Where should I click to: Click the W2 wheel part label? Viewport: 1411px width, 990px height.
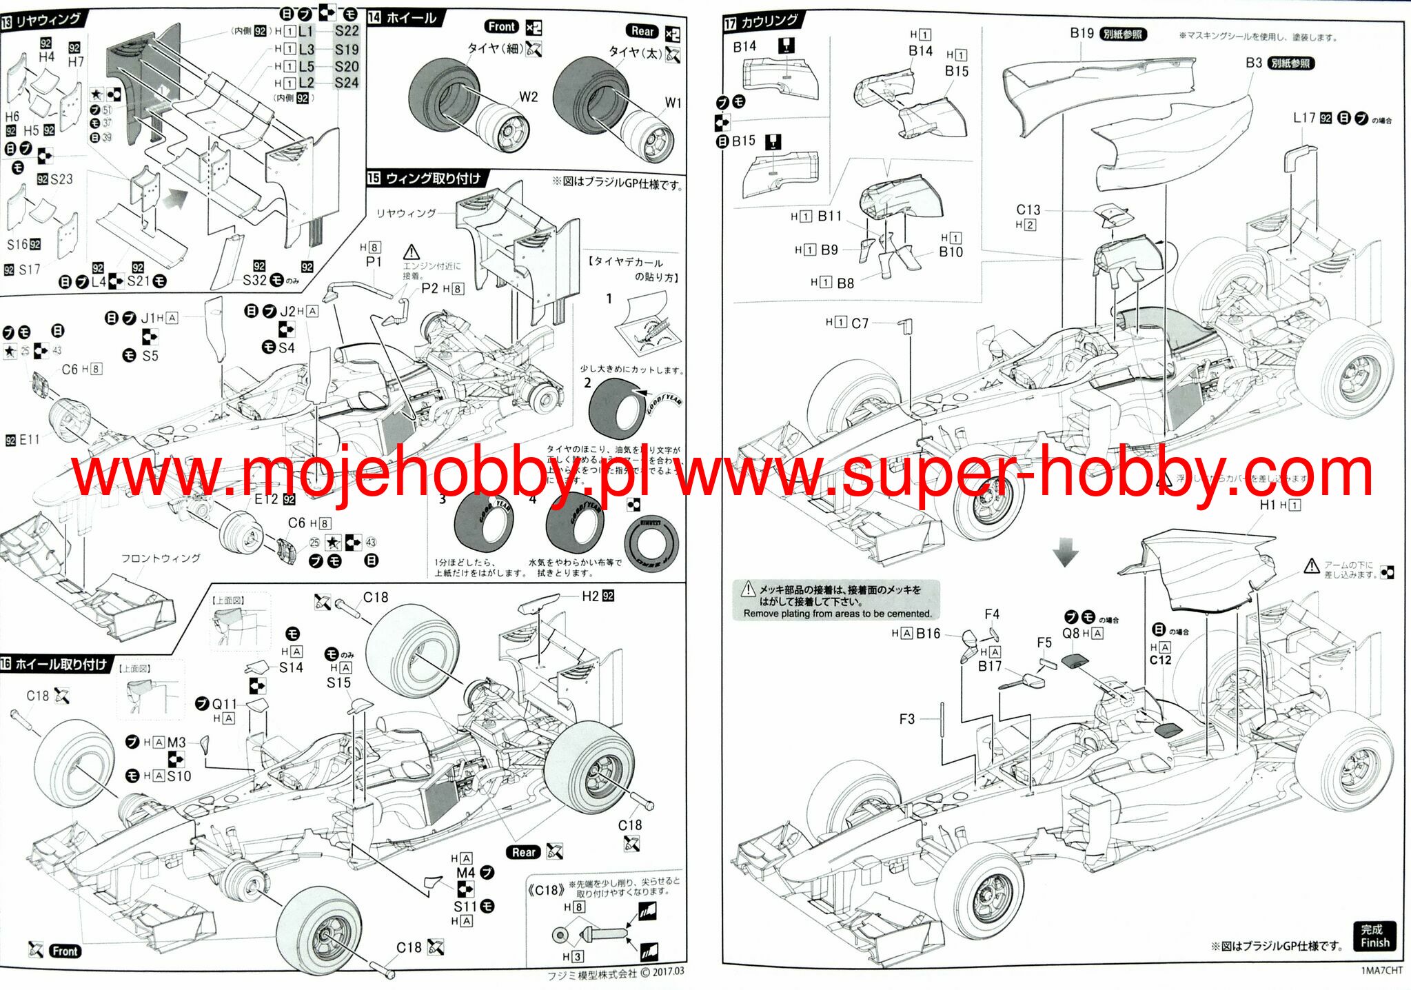coord(528,97)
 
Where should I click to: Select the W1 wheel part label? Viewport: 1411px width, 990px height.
coord(673,103)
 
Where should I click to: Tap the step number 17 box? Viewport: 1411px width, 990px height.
coord(731,24)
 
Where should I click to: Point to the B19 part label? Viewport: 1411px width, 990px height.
coord(1082,33)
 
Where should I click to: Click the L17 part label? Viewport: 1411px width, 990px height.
coord(1303,118)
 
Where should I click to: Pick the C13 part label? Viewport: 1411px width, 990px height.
coord(1028,210)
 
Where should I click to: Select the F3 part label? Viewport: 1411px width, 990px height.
coord(906,719)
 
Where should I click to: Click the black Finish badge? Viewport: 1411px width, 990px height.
coord(1374,936)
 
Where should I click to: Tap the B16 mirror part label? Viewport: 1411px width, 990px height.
coord(928,633)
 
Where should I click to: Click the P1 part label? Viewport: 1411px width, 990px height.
coord(373,262)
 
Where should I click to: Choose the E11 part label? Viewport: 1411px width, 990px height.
coord(29,440)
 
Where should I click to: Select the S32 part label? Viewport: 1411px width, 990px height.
coord(254,280)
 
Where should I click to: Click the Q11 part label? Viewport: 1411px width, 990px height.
coord(224,704)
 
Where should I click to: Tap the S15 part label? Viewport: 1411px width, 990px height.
coord(338,683)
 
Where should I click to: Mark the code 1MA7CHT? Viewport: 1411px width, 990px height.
coord(1381,971)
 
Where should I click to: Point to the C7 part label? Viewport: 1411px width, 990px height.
coord(860,323)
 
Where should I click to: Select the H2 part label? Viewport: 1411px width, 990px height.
coord(590,596)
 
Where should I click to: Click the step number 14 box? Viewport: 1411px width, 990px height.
coord(374,17)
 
